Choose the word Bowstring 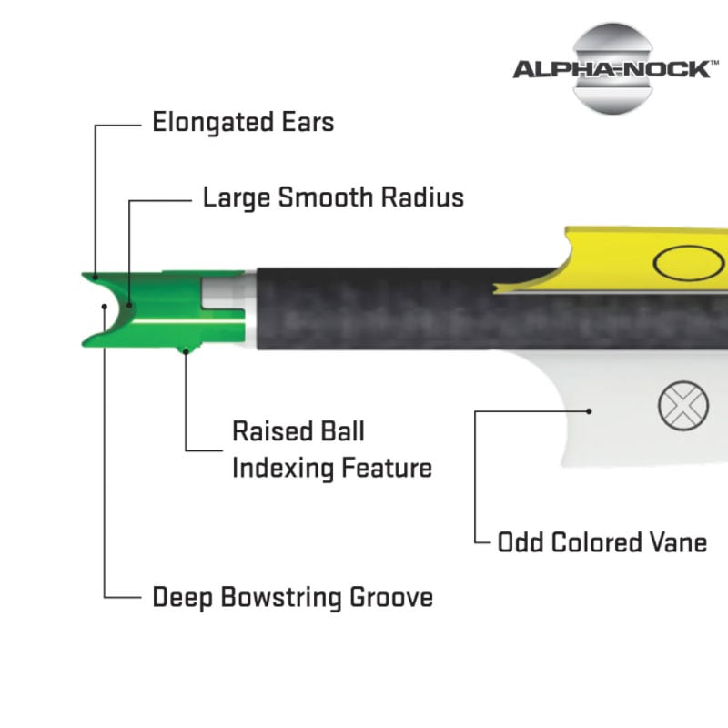(280, 598)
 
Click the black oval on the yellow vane (682, 264)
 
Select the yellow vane (619, 259)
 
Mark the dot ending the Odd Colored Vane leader (589, 410)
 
